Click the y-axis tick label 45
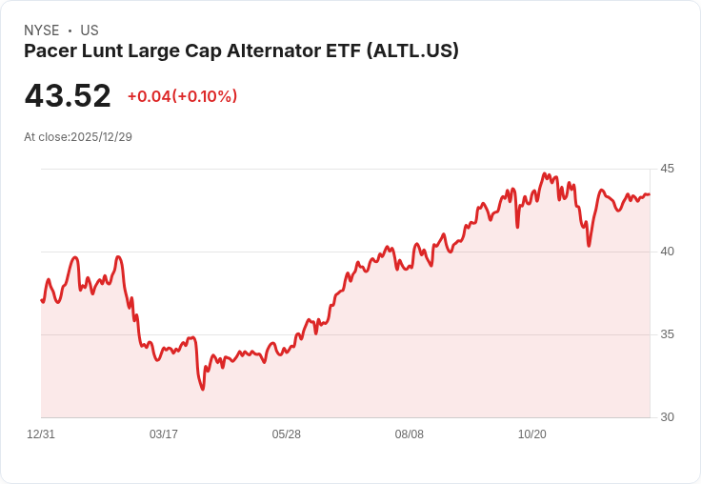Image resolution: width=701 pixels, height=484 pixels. click(x=667, y=169)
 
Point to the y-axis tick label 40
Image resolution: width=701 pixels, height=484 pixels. click(x=667, y=252)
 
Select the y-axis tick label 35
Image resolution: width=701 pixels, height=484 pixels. click(x=667, y=334)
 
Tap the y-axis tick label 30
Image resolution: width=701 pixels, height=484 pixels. click(x=667, y=417)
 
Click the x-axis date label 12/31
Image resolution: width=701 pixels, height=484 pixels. click(x=41, y=434)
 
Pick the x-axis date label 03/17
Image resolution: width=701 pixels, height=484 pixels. click(x=164, y=434)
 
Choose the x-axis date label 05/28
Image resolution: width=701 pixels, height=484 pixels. click(x=287, y=434)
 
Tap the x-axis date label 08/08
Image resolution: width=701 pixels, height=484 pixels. click(x=410, y=434)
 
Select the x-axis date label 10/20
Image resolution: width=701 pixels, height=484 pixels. click(x=532, y=434)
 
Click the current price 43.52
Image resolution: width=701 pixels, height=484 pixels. click(x=68, y=96)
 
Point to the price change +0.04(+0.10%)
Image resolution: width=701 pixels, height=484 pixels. click(x=182, y=96)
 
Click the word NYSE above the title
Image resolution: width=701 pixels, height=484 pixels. click(x=42, y=30)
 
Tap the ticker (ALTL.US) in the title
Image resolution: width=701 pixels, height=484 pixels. click(x=412, y=51)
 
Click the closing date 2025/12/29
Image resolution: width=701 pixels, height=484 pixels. click(x=101, y=137)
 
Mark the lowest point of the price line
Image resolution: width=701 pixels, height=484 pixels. click(x=202, y=390)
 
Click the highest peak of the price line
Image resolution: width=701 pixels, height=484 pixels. click(x=544, y=173)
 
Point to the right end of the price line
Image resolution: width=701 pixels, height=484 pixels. click(x=650, y=194)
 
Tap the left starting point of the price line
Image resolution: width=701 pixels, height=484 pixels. click(x=41, y=300)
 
